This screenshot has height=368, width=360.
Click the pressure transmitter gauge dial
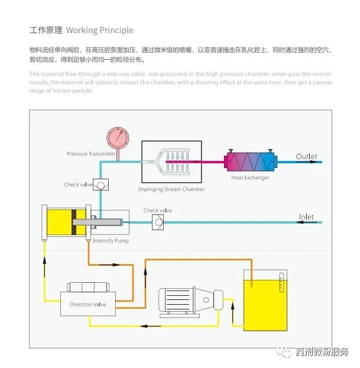(117, 137)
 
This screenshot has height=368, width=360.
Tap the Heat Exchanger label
(250, 177)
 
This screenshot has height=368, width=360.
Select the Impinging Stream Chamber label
(171, 189)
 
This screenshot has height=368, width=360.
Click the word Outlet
(306, 156)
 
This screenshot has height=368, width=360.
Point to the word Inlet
(306, 217)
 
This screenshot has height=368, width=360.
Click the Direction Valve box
(88, 304)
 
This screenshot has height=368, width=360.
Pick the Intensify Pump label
(111, 241)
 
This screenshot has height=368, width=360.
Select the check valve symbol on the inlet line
(158, 222)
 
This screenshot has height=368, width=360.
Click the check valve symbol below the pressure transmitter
(100, 185)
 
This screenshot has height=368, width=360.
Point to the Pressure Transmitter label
(91, 154)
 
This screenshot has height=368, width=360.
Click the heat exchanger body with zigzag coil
(249, 160)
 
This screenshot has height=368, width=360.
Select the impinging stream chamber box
(171, 161)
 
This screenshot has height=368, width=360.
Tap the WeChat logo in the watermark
(286, 351)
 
